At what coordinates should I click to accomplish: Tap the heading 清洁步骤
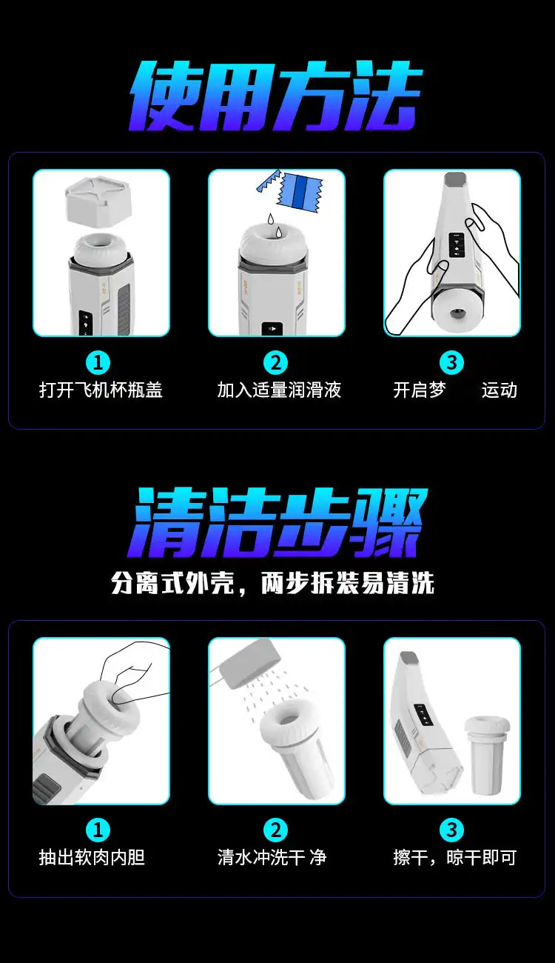point(277,522)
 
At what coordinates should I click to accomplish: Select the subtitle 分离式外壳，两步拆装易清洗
point(273,583)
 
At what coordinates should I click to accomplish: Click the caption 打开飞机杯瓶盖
point(101,390)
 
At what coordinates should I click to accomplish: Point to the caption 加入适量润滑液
point(279,390)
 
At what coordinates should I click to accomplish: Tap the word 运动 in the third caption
point(499,390)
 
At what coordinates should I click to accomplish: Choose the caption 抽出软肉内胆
point(92,857)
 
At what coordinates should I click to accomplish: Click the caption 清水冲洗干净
point(272,857)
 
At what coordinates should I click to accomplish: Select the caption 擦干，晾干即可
point(455,857)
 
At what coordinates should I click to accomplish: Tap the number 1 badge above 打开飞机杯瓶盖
point(98,362)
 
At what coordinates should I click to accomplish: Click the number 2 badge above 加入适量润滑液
point(276,362)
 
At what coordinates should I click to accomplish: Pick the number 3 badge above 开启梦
point(451,362)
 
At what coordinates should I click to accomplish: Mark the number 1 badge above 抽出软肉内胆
point(98,830)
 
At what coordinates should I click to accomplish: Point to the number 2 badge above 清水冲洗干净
point(276,830)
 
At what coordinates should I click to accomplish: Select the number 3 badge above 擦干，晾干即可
point(451,830)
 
